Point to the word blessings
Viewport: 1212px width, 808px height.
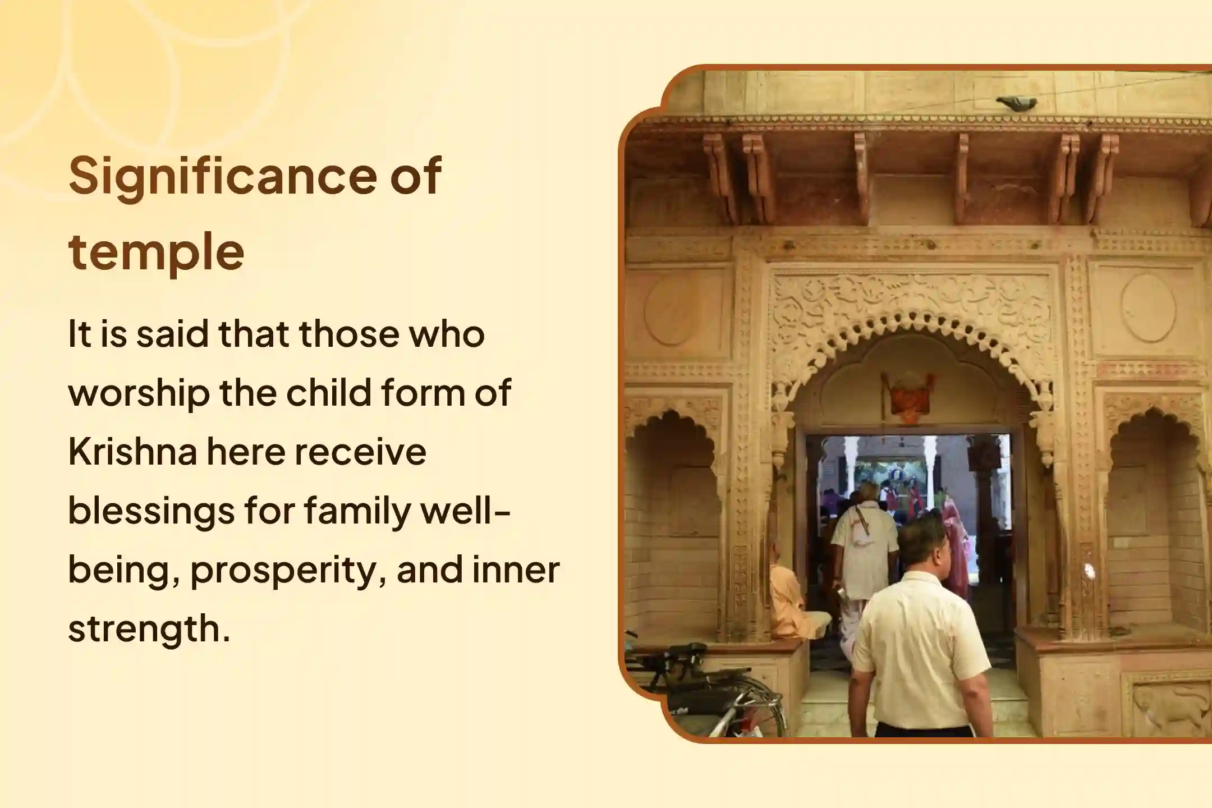pyautogui.click(x=151, y=511)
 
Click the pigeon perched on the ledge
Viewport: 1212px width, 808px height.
pyautogui.click(x=1016, y=103)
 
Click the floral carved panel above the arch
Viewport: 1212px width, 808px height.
pyautogui.click(x=912, y=300)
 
